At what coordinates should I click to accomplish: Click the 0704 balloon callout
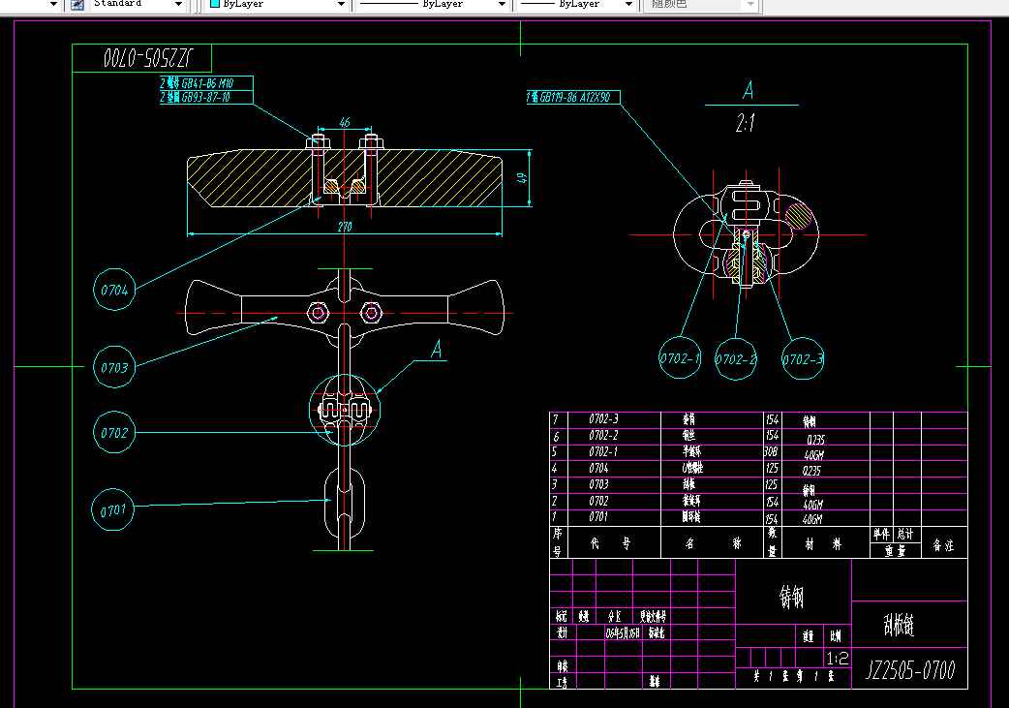pos(114,291)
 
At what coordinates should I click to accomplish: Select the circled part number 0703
pos(114,368)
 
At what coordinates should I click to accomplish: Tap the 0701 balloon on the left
pos(114,508)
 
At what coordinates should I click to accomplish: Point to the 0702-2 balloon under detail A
pos(736,359)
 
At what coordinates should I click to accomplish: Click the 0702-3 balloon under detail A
pos(804,359)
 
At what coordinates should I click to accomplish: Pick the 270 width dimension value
pos(345,226)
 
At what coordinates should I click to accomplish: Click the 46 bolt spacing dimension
pos(344,123)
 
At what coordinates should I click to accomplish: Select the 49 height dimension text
pos(521,177)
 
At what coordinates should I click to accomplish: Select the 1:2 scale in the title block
pos(839,658)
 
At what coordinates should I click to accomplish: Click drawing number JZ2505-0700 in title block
pos(909,670)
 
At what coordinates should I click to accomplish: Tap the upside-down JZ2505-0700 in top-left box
pos(142,57)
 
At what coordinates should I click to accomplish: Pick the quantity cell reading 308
pos(773,451)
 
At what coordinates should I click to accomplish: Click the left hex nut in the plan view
pos(319,312)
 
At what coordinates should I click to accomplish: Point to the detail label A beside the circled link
pos(437,348)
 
